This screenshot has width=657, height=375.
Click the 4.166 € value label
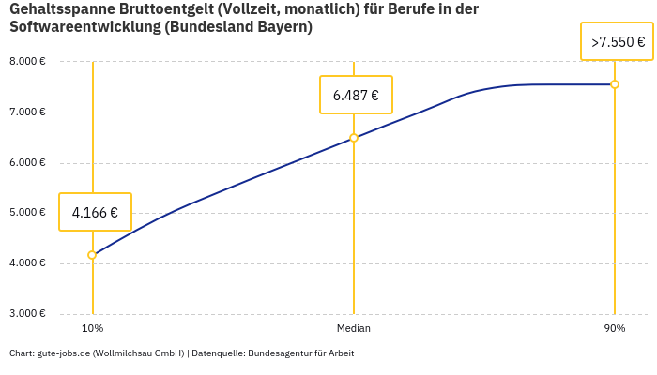click(95, 212)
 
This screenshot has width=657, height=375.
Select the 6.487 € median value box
click(356, 95)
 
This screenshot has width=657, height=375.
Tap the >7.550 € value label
click(617, 42)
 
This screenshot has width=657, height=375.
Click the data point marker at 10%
click(92, 255)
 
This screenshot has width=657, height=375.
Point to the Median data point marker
click(354, 138)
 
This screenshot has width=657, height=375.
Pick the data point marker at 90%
click(615, 84)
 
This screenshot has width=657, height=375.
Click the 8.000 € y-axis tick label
click(27, 62)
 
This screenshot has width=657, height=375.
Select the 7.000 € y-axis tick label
click(27, 112)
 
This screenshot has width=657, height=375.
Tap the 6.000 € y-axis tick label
click(27, 162)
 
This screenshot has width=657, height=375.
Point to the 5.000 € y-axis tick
click(27, 213)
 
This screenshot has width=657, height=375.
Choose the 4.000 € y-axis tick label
click(27, 263)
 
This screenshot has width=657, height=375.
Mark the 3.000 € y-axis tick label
click(27, 313)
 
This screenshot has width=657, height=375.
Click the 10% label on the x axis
click(92, 329)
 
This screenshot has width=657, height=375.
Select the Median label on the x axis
click(354, 329)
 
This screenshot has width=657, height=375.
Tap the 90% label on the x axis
click(615, 329)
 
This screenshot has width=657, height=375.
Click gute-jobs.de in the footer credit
click(63, 353)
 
